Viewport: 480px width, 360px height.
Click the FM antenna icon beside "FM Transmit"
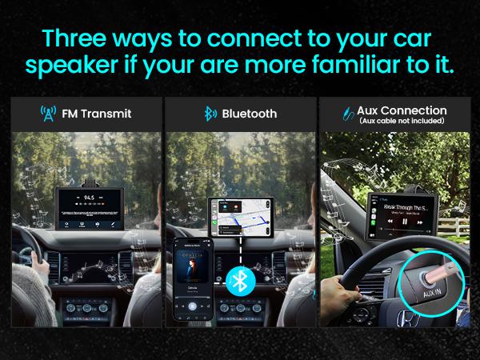(x=48, y=114)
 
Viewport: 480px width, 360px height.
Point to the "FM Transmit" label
(x=97, y=114)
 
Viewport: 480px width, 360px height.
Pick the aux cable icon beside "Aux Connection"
(x=348, y=114)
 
